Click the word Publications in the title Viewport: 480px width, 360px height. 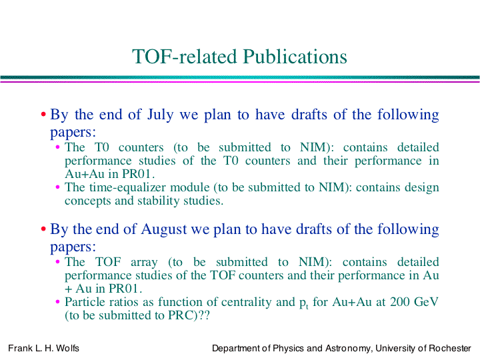tap(295, 56)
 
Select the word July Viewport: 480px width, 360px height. tap(161, 115)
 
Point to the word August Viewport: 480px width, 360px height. tap(164, 229)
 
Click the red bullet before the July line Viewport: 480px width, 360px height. tap(43, 115)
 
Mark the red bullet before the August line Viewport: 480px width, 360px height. tap(43, 229)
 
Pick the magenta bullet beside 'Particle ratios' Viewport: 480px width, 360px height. tap(57, 302)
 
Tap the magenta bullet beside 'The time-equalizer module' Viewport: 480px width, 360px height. tap(57, 187)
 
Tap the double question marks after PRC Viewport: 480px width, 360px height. tap(204, 315)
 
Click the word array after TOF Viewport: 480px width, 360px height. tap(144, 263)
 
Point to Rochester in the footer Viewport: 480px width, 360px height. tap(450, 349)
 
